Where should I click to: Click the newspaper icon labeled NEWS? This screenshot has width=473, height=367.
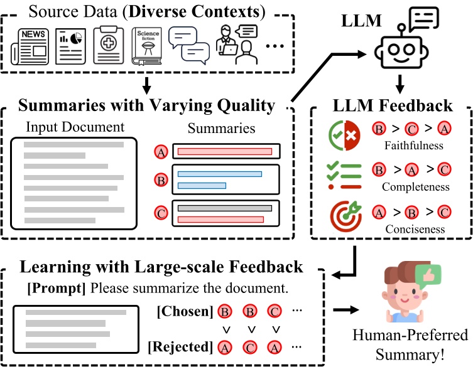[x=31, y=46]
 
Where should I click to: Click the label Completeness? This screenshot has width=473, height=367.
[x=416, y=186]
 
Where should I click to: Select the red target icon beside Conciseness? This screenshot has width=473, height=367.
[x=344, y=212]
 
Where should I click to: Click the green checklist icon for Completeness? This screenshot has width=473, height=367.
[x=344, y=175]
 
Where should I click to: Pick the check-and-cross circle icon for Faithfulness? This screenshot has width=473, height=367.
[x=344, y=135]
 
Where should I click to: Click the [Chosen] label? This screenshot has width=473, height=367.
[x=183, y=311]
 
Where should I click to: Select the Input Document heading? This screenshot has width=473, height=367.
[x=75, y=127]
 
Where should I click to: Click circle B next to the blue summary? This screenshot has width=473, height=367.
[x=161, y=180]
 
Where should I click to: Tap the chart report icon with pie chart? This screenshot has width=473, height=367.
[x=70, y=46]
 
